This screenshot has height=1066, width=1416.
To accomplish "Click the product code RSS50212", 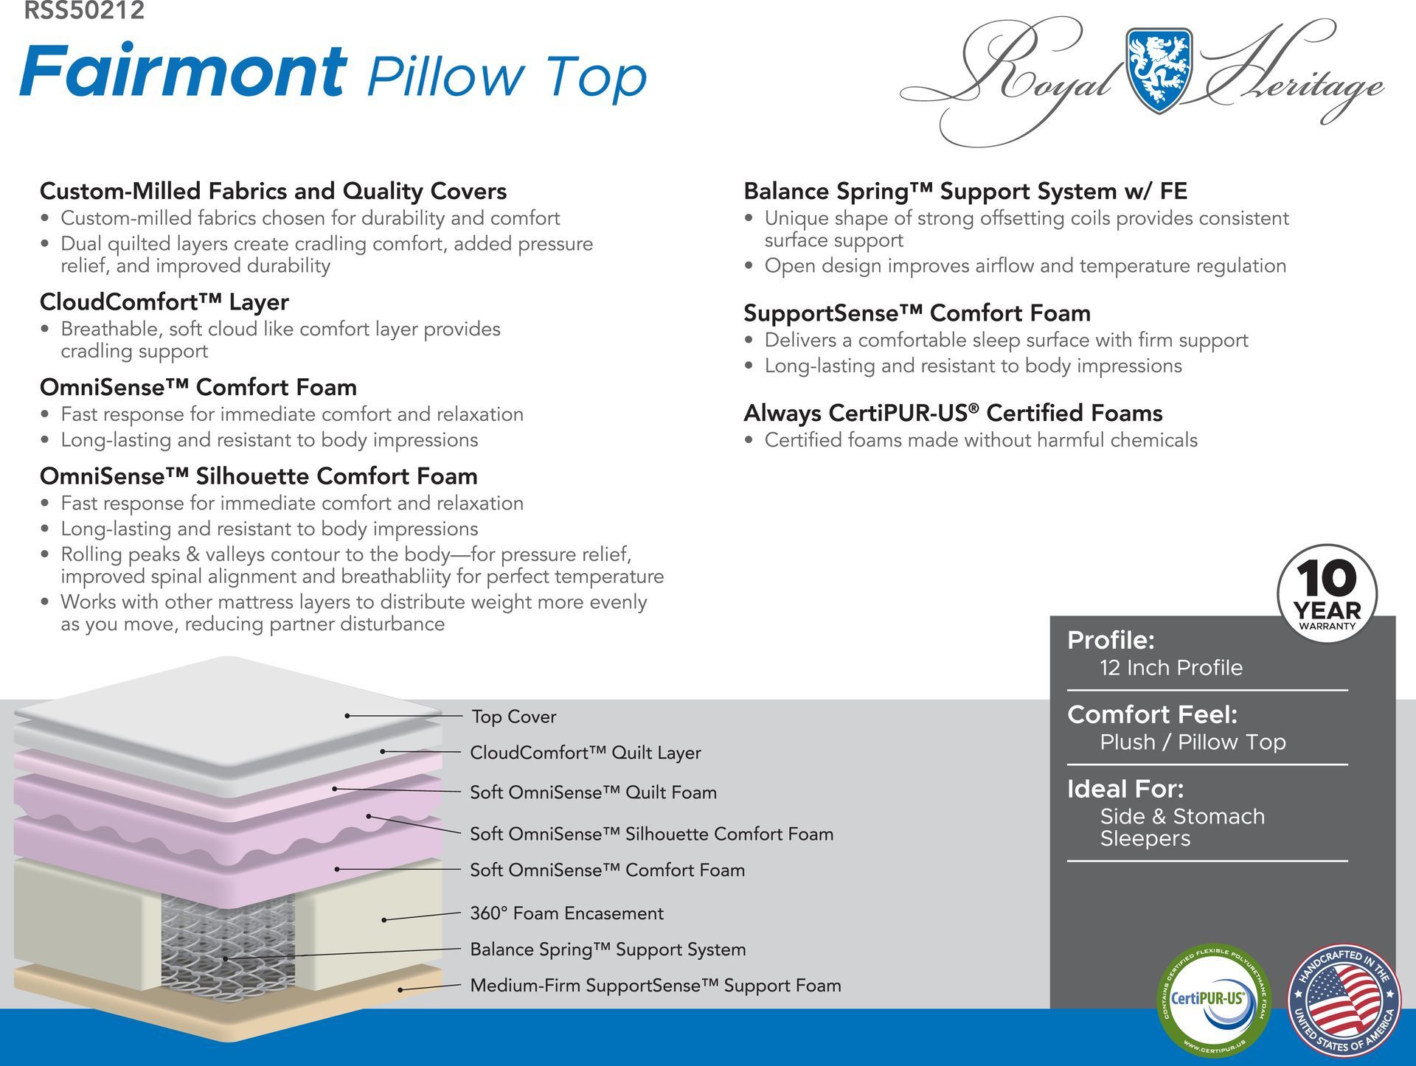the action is [x=84, y=10].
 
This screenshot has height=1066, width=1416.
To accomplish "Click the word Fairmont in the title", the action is [x=184, y=71].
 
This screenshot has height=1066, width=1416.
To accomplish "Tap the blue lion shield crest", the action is [x=1159, y=70].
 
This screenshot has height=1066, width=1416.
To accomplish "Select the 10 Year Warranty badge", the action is [x=1327, y=594].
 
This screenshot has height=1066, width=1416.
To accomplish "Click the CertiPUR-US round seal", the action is [x=1214, y=1000].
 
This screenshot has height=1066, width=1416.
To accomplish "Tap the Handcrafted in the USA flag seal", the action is [x=1344, y=1000].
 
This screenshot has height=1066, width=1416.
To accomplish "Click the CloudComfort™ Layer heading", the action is [x=164, y=302].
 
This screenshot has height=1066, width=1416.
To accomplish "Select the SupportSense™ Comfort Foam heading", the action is [x=917, y=313].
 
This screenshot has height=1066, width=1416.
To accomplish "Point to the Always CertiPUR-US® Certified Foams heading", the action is [x=953, y=413].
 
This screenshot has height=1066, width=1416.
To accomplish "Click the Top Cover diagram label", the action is [x=513, y=717].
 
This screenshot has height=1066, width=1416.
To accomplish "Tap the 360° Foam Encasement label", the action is [x=566, y=913].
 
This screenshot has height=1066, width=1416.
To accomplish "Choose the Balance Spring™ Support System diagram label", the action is [x=608, y=950].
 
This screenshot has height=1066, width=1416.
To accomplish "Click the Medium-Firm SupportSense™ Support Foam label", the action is [x=656, y=986].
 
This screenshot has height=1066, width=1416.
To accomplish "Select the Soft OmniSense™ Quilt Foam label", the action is [x=593, y=792].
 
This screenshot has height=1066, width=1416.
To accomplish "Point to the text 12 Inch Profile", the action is [x=1171, y=668].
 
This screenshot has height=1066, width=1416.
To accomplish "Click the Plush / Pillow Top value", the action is [x=1193, y=742].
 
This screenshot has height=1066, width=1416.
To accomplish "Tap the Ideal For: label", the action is [x=1125, y=790].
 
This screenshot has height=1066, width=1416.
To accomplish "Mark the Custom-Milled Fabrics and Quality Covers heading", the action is [x=273, y=191].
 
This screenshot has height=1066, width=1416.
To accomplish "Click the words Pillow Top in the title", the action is [x=507, y=77].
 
